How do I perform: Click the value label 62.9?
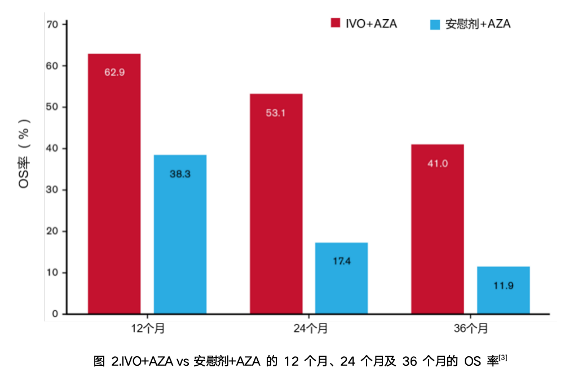point(114,72)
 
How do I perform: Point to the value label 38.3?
point(180,174)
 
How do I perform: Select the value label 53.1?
point(276,113)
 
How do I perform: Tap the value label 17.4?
point(341,262)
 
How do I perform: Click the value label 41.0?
point(437,163)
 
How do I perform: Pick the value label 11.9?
point(503,286)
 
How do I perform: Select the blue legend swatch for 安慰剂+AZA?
point(435,24)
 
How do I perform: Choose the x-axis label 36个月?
point(470,329)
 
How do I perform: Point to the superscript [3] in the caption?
point(503,357)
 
